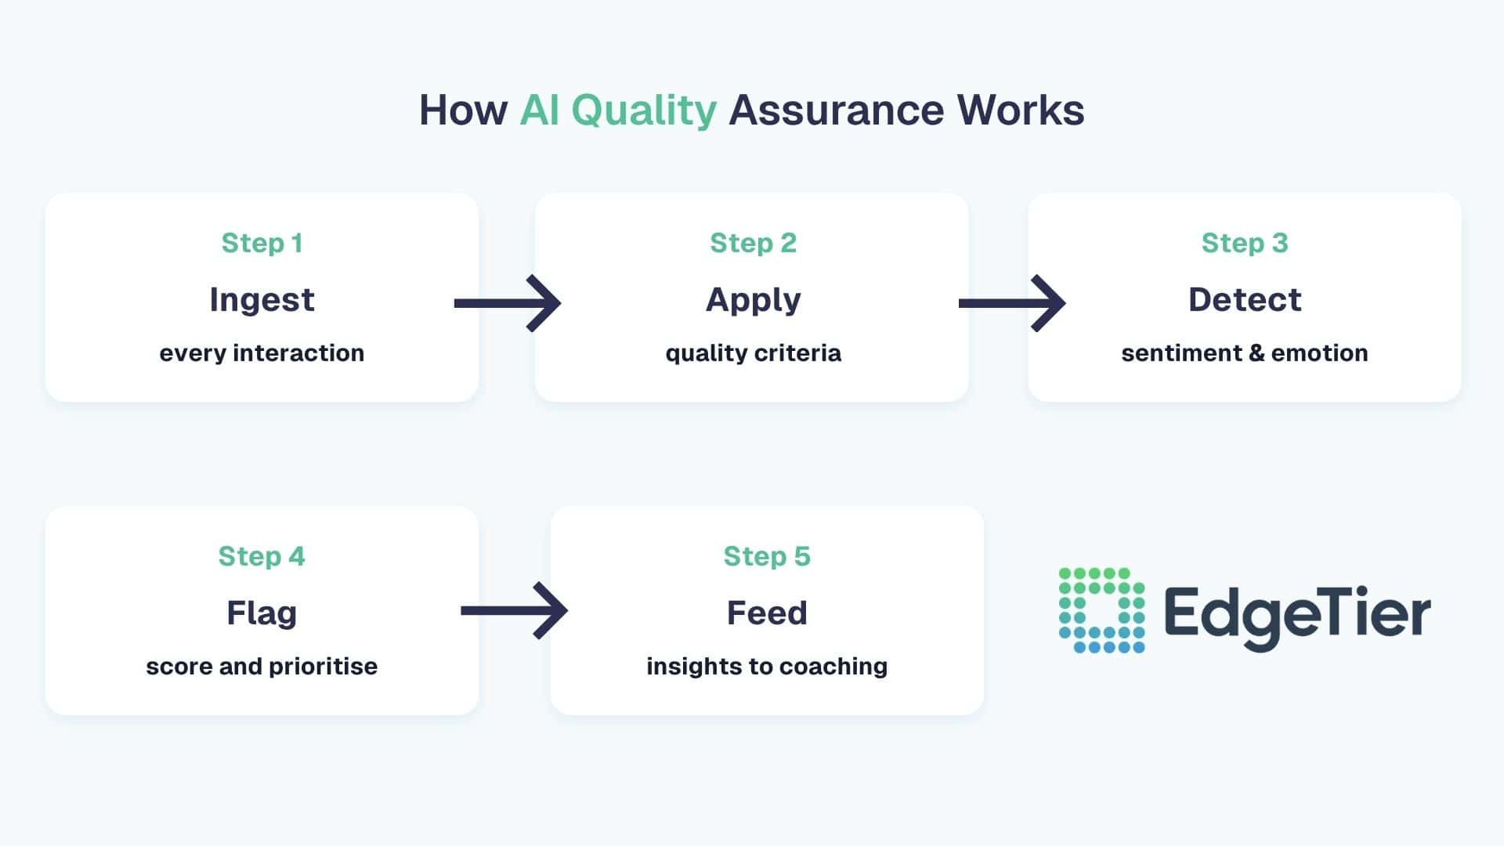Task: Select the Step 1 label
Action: (x=262, y=243)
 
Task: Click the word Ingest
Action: (x=262, y=300)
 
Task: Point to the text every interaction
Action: (x=262, y=353)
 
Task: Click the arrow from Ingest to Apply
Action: (x=508, y=303)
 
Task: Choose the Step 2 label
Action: (x=753, y=243)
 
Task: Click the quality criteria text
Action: (x=753, y=353)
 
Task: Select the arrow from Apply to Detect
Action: (x=1012, y=303)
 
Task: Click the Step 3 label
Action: (x=1245, y=243)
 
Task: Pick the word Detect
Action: (x=1245, y=300)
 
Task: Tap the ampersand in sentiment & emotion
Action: (x=1256, y=353)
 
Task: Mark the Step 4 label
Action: (x=262, y=556)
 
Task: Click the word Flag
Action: (x=262, y=613)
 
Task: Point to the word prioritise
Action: (x=323, y=667)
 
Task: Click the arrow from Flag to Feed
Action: (x=514, y=610)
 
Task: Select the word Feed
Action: (x=767, y=613)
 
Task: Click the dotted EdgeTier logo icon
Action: (x=1101, y=610)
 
